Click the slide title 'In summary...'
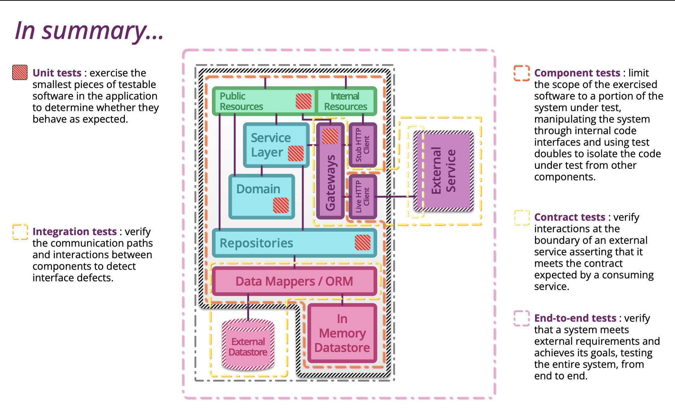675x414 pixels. [89, 30]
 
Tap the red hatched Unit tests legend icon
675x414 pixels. [20, 72]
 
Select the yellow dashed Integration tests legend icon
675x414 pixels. [20, 232]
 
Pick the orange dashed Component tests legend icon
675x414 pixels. [522, 73]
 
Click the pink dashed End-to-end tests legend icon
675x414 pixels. [522, 318]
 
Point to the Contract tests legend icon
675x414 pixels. [522, 217]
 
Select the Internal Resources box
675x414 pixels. [345, 101]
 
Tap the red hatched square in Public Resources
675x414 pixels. [304, 101]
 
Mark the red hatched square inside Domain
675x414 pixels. [281, 205]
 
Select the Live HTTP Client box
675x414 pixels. [363, 197]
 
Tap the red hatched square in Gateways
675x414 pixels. [330, 136]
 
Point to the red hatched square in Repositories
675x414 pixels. [362, 242]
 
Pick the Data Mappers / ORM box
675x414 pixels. [294, 281]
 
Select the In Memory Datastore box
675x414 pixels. [342, 333]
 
